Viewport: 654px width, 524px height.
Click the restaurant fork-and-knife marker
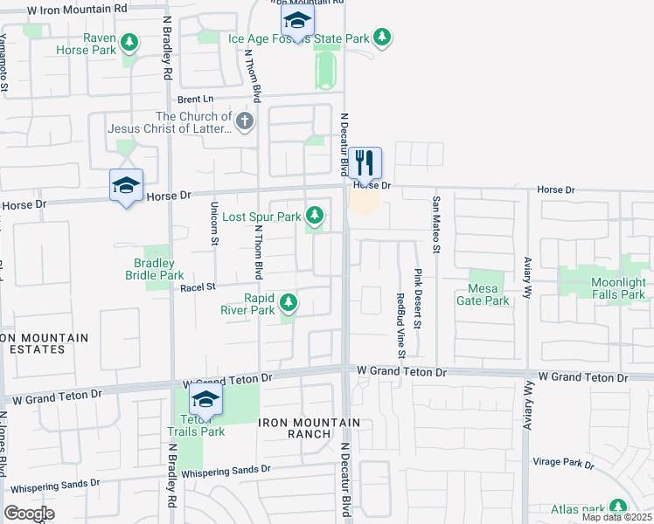365,162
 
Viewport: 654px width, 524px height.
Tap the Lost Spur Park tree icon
314,216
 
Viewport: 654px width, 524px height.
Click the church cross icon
245,122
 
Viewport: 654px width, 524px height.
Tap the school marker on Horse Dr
126,185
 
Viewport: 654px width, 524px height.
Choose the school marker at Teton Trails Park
206,399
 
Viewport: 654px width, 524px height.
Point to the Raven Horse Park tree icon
129,42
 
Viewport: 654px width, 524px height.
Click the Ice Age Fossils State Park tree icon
381,38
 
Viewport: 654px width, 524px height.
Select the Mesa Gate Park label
483,295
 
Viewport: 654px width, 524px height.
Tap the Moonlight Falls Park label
618,288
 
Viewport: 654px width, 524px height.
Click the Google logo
29,514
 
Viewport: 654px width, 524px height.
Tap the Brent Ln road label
196,100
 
